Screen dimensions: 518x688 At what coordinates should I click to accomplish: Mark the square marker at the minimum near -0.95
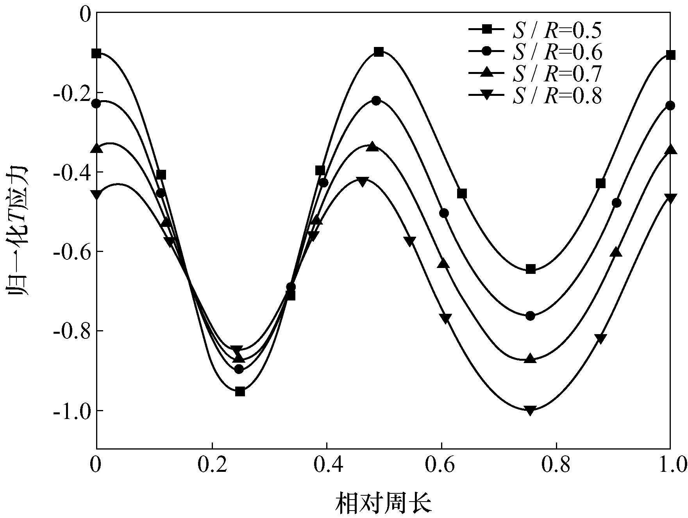pyautogui.click(x=240, y=392)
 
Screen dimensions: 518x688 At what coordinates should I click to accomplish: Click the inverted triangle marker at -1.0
pyautogui.click(x=530, y=410)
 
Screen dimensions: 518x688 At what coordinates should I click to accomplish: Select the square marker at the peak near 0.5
pyautogui.click(x=379, y=52)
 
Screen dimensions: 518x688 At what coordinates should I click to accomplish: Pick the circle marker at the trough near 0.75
pyautogui.click(x=530, y=316)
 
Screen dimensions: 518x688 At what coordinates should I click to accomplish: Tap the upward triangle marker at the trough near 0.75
pyautogui.click(x=530, y=358)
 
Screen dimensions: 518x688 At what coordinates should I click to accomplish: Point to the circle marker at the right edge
pyautogui.click(x=670, y=106)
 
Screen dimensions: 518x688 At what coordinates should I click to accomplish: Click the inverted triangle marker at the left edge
pyautogui.click(x=96, y=194)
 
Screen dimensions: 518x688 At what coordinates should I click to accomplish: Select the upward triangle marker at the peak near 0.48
pyautogui.click(x=372, y=147)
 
